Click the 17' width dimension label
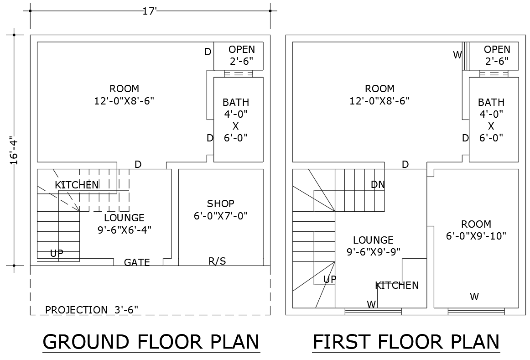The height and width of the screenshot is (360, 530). click(150, 11)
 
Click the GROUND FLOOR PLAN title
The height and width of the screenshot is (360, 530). click(151, 342)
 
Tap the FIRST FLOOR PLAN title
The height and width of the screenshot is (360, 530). click(406, 342)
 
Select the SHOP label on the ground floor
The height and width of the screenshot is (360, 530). click(220, 203)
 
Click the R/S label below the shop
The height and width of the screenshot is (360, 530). click(217, 261)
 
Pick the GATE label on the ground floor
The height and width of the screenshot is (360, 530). click(137, 262)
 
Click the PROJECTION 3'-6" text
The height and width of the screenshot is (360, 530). click(92, 310)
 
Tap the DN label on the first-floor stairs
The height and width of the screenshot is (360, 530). click(378, 185)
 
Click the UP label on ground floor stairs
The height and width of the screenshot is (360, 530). click(57, 253)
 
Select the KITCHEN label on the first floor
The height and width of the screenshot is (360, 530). click(397, 285)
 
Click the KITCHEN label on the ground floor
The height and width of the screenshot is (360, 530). click(77, 185)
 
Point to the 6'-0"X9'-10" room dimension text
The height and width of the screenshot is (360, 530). click(476, 236)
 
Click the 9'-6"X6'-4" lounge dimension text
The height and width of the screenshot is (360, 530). click(125, 230)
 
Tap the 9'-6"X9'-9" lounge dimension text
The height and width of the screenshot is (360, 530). click(373, 252)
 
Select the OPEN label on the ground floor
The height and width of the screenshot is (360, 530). click(242, 49)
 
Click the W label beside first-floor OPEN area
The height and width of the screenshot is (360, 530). click(457, 55)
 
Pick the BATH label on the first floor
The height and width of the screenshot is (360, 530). click(491, 102)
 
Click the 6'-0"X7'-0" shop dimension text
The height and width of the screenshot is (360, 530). click(220, 215)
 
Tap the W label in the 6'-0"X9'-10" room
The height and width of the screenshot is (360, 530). click(474, 297)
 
